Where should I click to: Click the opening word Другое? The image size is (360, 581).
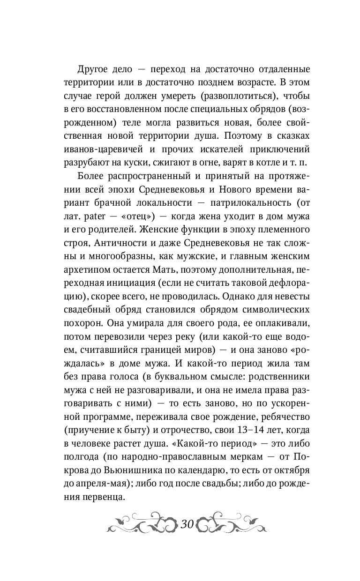[94, 70]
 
